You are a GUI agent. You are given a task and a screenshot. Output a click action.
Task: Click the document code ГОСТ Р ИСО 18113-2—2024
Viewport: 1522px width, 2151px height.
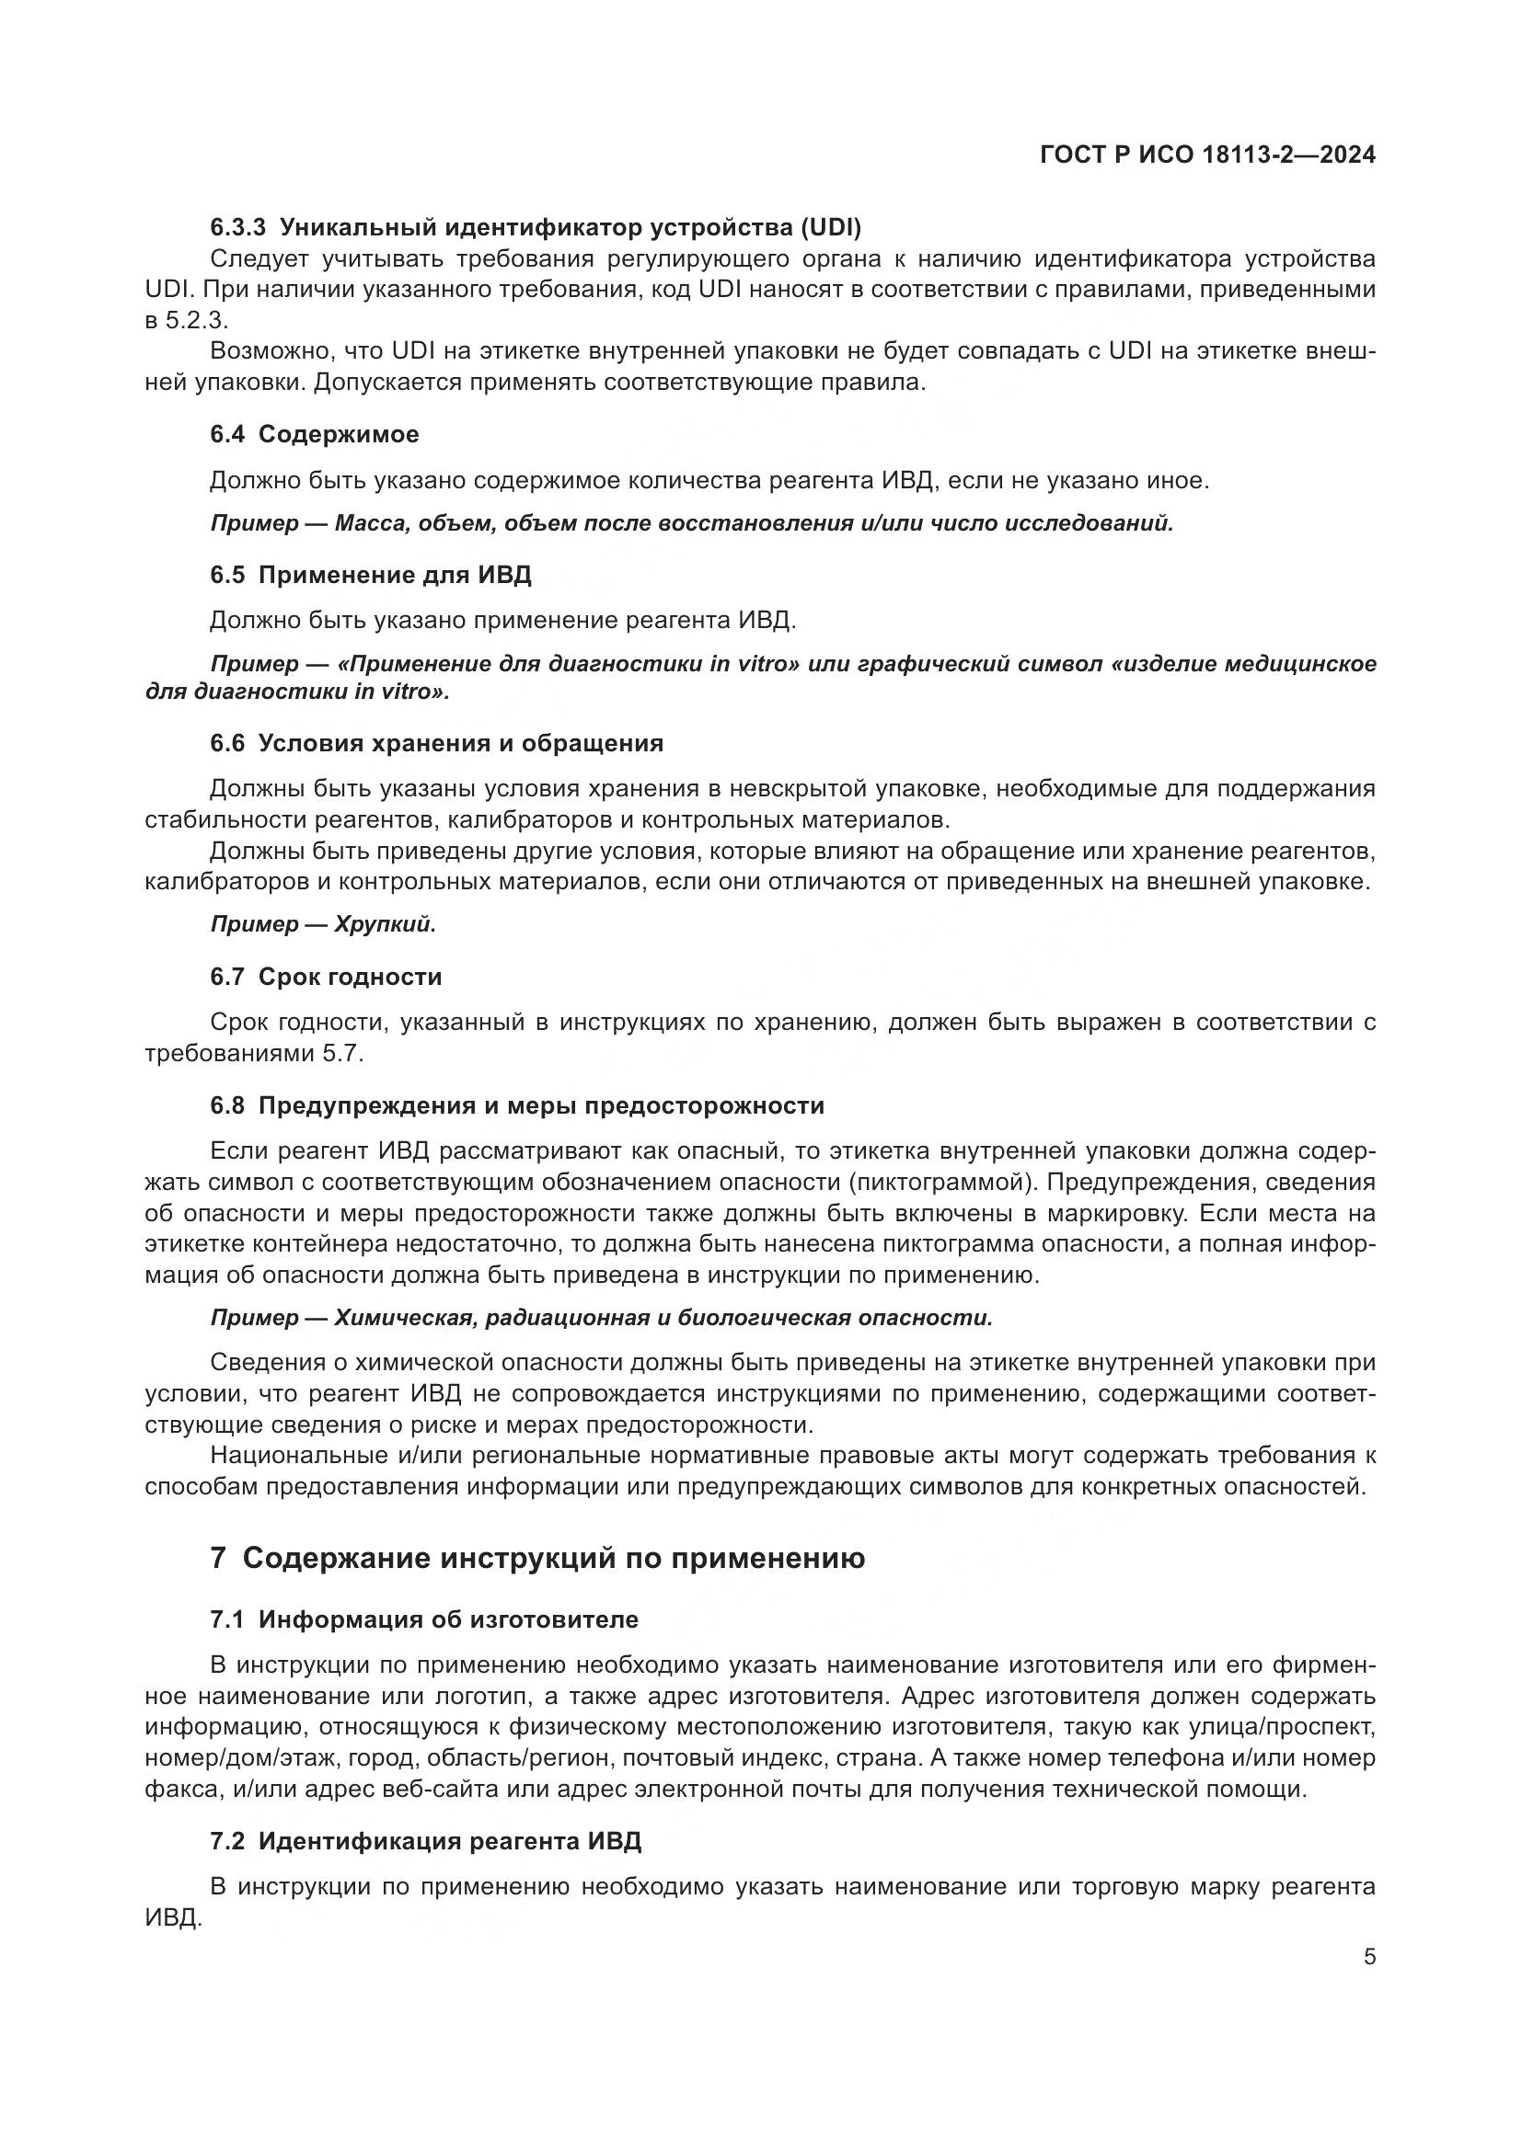click(1207, 155)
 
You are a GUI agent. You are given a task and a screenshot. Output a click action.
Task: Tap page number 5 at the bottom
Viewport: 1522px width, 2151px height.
click(1369, 1956)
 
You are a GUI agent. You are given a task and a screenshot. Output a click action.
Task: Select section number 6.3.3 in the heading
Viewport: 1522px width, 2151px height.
click(238, 228)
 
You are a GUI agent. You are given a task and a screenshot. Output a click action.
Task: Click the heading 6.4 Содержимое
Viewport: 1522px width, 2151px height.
click(314, 435)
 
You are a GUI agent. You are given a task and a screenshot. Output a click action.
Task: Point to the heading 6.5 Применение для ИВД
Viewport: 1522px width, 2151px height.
click(370, 574)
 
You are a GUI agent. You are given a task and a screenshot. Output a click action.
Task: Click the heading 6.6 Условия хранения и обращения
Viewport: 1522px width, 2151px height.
click(436, 743)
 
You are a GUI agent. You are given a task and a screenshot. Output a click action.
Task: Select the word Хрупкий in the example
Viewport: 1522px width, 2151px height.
click(385, 924)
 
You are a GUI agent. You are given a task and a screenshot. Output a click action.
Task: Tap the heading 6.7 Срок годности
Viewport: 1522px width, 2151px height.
click(325, 977)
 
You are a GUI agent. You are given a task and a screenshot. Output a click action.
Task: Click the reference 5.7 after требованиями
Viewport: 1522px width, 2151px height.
click(341, 1053)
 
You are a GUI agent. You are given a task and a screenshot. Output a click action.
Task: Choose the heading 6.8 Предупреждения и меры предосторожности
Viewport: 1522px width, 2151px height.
click(516, 1105)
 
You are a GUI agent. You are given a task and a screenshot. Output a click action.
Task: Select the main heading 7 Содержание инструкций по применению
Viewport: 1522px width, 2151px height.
click(537, 1558)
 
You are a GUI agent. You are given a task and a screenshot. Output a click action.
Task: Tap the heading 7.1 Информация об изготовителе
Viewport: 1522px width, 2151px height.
click(423, 1619)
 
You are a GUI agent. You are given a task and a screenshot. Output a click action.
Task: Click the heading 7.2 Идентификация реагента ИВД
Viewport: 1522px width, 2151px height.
click(425, 1841)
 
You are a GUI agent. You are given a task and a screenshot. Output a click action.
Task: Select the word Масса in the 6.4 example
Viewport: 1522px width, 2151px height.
click(368, 523)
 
